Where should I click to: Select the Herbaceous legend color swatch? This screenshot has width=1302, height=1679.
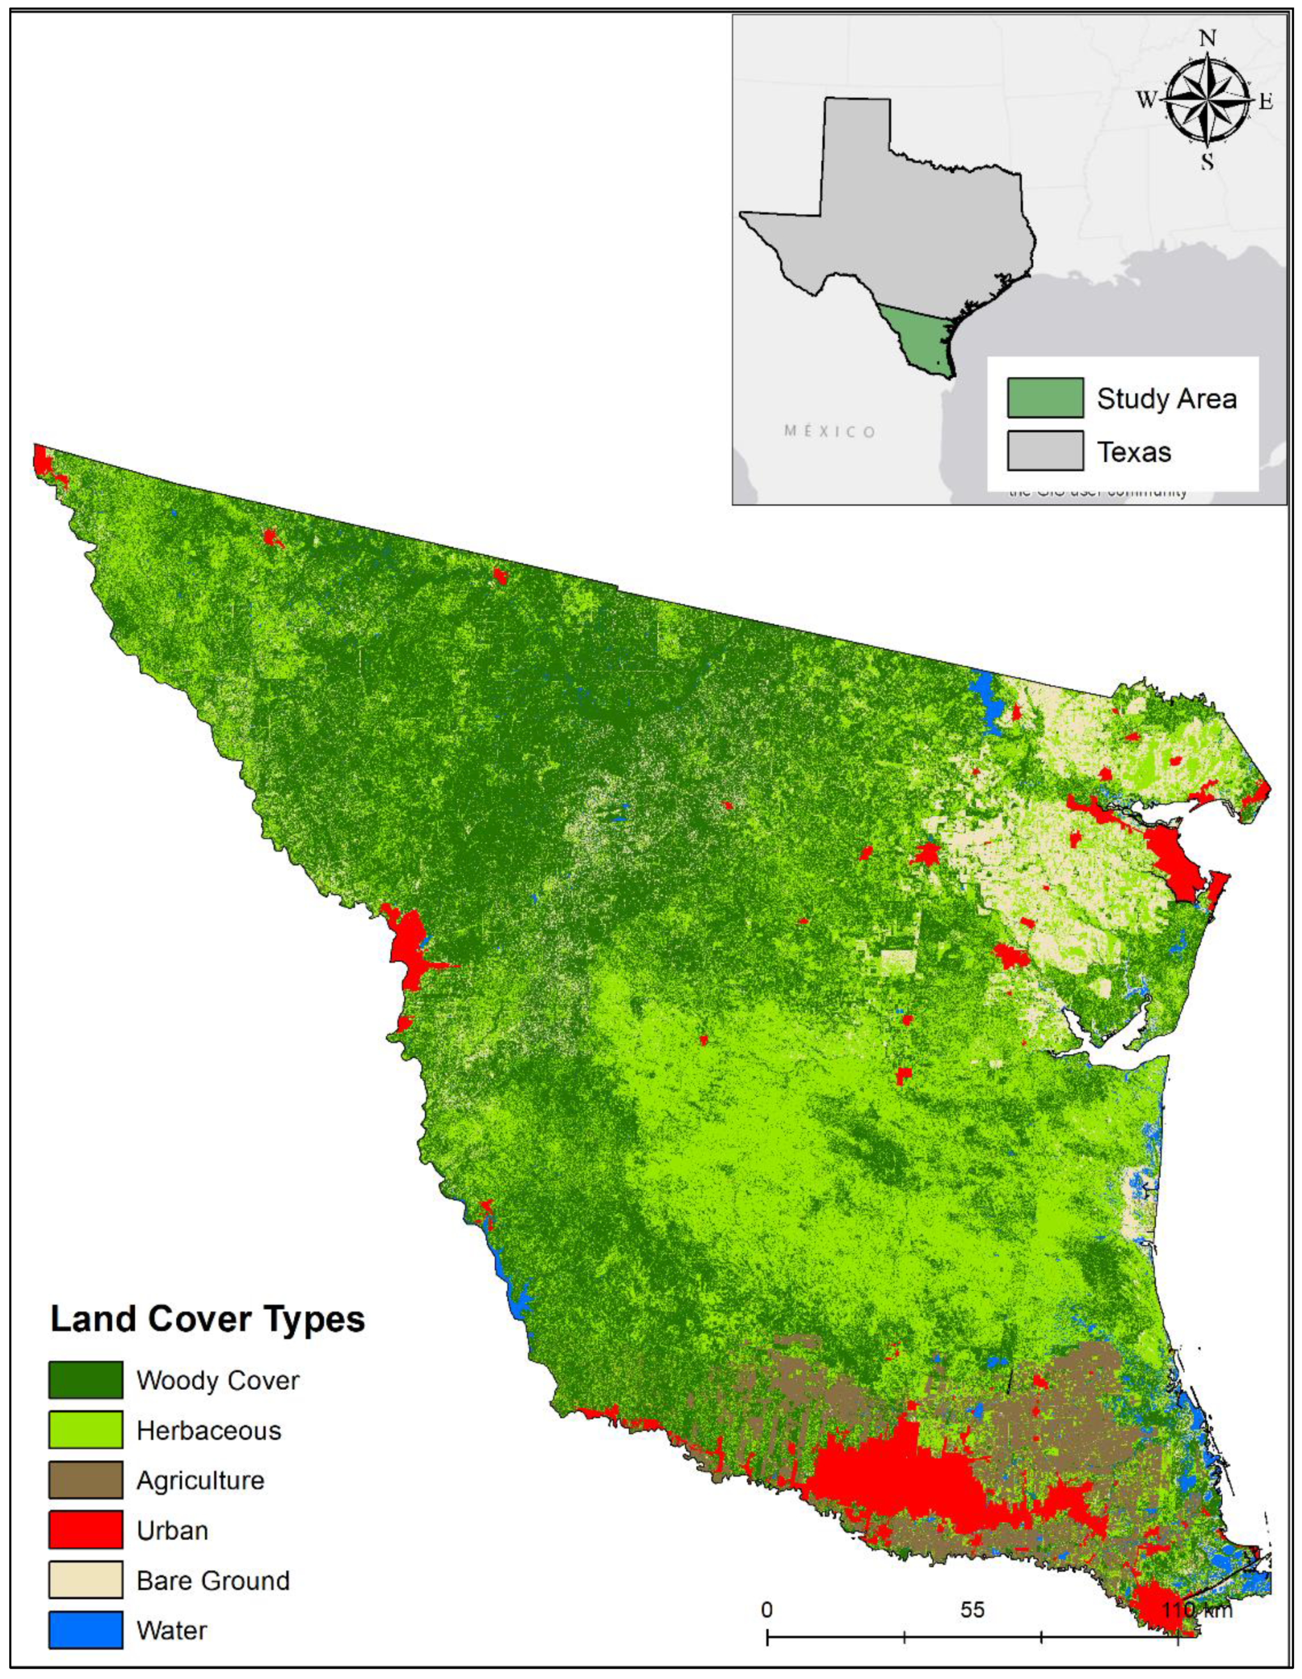[x=86, y=1429]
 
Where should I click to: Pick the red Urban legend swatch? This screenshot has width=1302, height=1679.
[x=86, y=1529]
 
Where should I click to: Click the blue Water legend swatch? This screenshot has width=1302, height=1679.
[x=86, y=1629]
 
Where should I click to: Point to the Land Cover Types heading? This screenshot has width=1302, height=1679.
[x=208, y=1318]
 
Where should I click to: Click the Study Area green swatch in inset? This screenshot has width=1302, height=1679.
[x=1045, y=397]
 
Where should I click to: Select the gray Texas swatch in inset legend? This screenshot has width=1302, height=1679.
[x=1045, y=451]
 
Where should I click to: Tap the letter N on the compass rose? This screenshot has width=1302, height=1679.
[x=1207, y=38]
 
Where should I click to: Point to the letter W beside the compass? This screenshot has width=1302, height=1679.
[x=1147, y=101]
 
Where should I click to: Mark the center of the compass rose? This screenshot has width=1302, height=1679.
[x=1207, y=101]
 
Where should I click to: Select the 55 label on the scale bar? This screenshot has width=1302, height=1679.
[x=972, y=1610]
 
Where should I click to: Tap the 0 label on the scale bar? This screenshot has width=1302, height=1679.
[x=767, y=1610]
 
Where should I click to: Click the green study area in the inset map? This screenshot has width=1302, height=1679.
[x=919, y=338]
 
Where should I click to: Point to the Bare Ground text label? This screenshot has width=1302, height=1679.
[x=213, y=1580]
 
